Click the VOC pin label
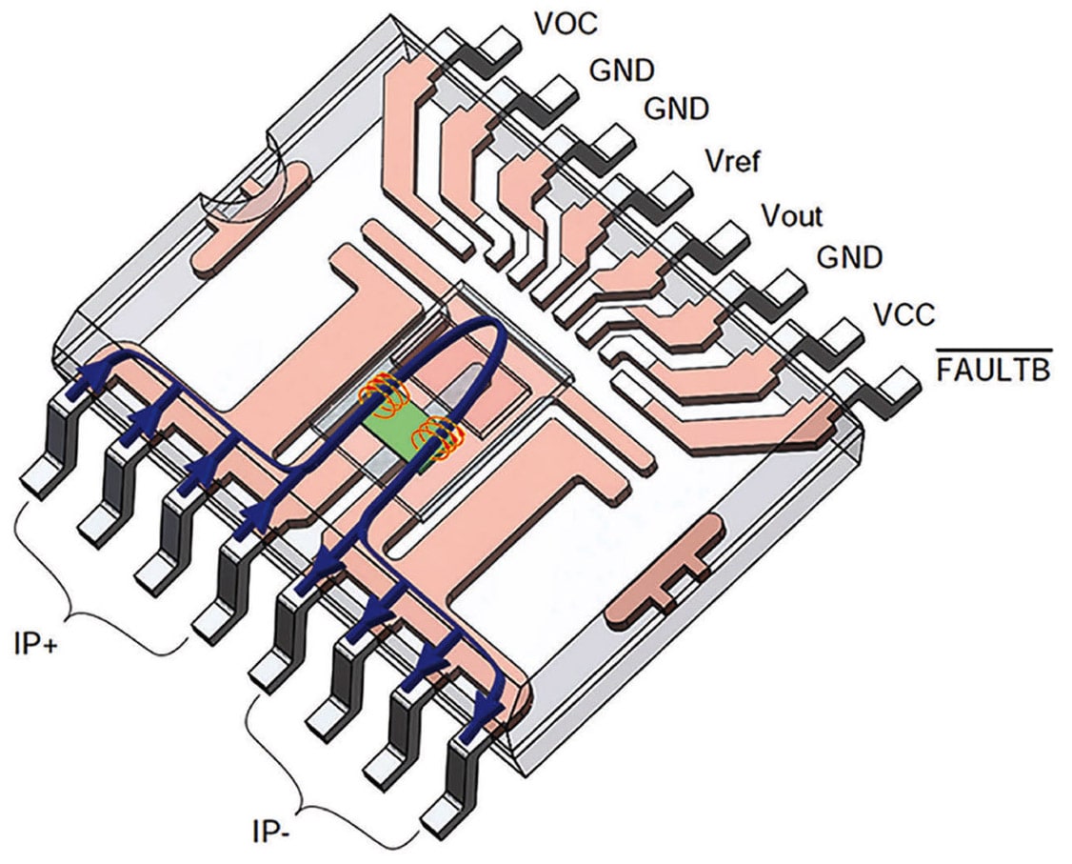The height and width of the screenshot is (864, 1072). coord(565,23)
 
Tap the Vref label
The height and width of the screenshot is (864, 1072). coord(732,162)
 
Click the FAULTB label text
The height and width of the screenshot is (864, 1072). coord(993,371)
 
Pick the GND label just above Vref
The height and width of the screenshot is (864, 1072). coord(677,110)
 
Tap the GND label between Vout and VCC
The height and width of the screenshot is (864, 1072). coord(849,258)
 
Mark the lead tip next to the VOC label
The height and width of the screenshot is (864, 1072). coord(502,43)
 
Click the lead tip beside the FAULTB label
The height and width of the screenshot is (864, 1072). coord(896,388)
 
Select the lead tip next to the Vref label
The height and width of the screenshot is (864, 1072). coord(672,187)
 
